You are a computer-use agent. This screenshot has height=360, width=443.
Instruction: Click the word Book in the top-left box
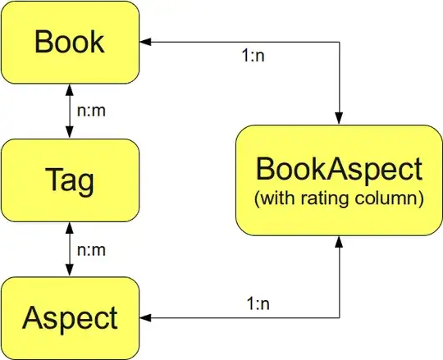click(70, 41)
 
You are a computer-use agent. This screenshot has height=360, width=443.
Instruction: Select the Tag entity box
click(70, 179)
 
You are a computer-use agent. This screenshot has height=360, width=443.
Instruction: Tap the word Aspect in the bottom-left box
click(70, 317)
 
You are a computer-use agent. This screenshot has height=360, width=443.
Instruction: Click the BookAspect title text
click(339, 170)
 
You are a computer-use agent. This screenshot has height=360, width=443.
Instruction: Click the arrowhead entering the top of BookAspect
click(339, 119)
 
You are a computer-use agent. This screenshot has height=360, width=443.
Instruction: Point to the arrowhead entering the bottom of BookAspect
click(339, 241)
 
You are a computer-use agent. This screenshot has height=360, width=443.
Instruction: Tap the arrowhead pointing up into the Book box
click(70, 88)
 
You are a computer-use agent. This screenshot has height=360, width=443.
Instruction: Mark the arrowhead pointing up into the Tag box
click(70, 226)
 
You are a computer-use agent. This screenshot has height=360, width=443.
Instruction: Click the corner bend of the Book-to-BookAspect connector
click(339, 41)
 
